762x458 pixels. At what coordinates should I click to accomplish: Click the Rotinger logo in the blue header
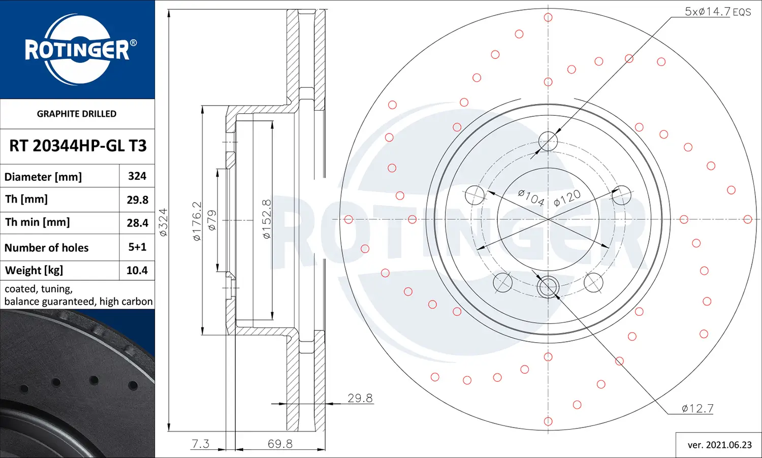coord(77,49)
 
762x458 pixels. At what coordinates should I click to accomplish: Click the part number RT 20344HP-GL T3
coord(78,146)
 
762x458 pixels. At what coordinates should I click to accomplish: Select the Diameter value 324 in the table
coord(137,176)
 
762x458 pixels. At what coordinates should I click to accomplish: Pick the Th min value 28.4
coord(137,223)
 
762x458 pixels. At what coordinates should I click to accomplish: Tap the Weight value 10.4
coord(137,271)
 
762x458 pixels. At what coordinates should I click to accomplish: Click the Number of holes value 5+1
coord(137,247)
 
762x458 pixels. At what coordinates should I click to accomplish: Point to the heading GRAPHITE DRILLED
coord(77,114)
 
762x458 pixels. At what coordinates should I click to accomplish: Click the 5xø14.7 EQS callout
coord(717,12)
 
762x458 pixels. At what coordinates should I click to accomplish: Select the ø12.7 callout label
coord(697,408)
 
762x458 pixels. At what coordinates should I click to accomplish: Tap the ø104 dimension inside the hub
coord(531,197)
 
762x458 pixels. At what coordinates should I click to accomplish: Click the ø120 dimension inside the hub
coord(567,198)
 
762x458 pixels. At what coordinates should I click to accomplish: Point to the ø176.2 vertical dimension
coord(197,221)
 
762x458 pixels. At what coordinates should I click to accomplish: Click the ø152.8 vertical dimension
coord(267,219)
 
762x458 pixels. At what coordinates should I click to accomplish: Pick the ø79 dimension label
coord(212,220)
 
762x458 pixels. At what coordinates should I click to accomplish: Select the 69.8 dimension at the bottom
coord(280,444)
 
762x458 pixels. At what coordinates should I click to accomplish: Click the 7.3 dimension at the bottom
coord(200,444)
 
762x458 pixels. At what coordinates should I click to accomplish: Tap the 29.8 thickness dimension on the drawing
coord(360,398)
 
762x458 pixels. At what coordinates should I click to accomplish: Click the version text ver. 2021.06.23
coord(719,445)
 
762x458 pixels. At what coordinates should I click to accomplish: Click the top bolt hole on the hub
coord(548,141)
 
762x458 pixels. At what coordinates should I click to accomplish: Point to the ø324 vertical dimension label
coord(163,222)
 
